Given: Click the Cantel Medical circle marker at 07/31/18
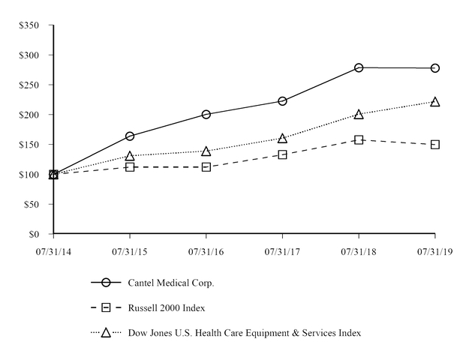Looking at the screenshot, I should (359, 67).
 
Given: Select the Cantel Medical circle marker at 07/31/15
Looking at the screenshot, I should (130, 136).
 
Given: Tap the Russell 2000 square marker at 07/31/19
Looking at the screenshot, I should (434, 144).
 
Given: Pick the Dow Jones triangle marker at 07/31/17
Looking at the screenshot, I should (282, 138).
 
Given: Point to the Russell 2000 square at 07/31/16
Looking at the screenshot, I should (206, 166).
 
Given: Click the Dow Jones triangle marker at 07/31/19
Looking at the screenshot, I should (434, 101).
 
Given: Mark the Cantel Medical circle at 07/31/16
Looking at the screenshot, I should (206, 114).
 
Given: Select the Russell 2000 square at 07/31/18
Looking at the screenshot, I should (359, 139).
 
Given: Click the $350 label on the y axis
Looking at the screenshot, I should (30, 25).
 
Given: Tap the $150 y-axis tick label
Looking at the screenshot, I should (30, 145).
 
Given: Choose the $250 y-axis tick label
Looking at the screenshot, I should (30, 85).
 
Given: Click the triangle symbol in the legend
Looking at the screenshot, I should (106, 332).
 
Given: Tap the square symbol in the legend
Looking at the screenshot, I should (106, 307).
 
